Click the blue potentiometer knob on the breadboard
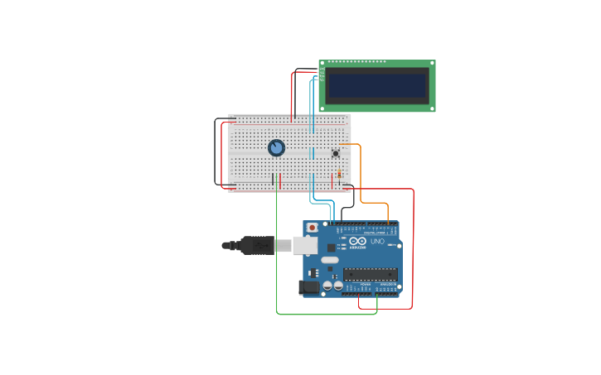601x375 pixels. pos(276,148)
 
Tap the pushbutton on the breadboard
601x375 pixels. pos(336,153)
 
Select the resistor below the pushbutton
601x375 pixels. pos(339,174)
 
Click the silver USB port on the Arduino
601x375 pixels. pos(305,245)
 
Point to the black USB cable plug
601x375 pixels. pos(257,245)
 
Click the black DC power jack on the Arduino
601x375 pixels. pos(308,287)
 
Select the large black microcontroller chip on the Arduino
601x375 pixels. pos(370,274)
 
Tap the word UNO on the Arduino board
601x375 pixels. pos(377,241)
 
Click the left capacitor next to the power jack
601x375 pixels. pos(327,286)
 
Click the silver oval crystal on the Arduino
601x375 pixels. pos(330,260)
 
